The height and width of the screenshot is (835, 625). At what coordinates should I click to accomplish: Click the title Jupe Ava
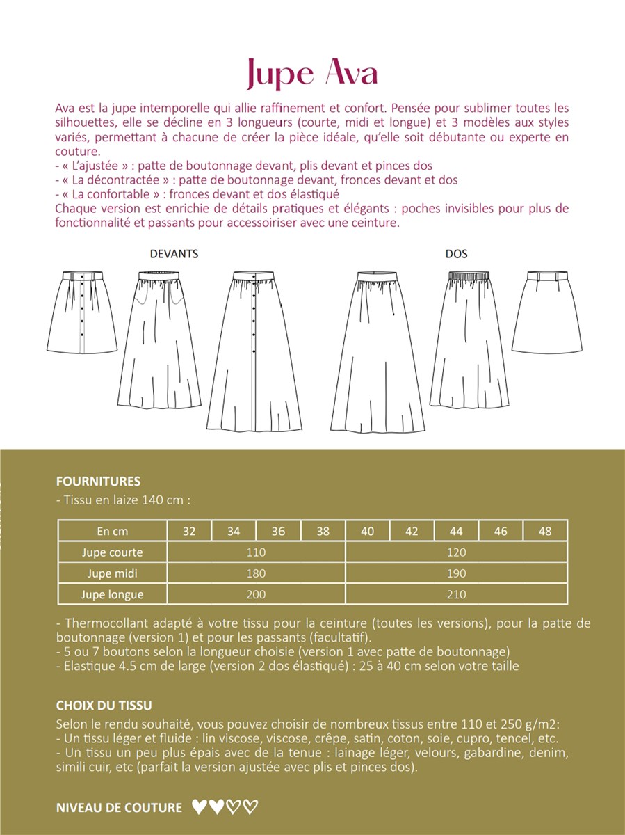coord(312,73)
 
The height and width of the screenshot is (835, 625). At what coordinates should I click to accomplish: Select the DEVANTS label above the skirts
coord(174,254)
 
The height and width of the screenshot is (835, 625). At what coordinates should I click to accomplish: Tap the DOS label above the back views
coord(456,254)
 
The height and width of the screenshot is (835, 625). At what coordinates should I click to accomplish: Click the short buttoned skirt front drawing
coord(81,313)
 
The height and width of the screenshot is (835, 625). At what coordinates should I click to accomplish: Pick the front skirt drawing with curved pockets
coord(162,341)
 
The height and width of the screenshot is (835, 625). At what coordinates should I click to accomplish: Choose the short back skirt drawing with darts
coord(547,313)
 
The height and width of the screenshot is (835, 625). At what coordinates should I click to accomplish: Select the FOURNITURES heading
coord(98,481)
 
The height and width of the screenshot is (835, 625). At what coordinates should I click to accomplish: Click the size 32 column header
coord(189,532)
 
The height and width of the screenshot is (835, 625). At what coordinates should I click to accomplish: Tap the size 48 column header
coord(545,532)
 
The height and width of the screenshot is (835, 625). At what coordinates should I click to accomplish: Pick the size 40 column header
coord(368,532)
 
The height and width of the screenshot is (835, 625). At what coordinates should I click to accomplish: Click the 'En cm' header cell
coord(112,532)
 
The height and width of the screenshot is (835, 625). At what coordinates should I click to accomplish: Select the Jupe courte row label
coord(112,552)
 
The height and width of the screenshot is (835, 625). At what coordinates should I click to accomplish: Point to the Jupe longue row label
coord(112,594)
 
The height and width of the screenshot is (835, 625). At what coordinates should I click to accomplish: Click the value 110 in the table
coord(256,552)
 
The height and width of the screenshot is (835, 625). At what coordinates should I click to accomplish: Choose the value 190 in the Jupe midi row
coord(456,573)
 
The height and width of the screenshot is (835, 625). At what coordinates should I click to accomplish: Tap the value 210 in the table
coord(456,594)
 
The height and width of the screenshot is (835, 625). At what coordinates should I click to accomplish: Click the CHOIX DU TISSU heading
coord(104,706)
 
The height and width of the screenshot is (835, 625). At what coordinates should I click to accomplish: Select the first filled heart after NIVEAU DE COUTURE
coord(199,807)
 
